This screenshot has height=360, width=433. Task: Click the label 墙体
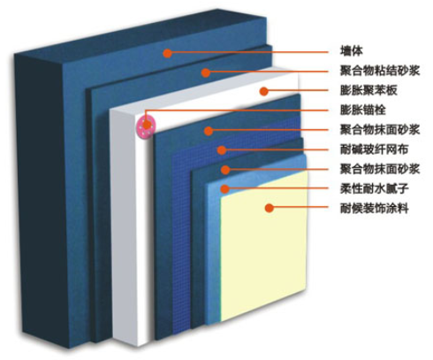click(352, 51)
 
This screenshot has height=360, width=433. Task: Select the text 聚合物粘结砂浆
click(380, 71)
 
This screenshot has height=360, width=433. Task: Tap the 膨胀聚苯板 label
click(368, 90)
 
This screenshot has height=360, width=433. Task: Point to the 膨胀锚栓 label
click(363, 110)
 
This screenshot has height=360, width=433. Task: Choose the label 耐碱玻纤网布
click(375, 149)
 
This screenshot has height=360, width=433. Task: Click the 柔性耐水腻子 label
click(375, 188)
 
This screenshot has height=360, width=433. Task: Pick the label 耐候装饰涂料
click(375, 209)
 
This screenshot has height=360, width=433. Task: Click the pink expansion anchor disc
click(147, 126)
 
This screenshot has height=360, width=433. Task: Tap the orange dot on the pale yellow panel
click(270, 208)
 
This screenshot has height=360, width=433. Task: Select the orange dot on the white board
click(264, 91)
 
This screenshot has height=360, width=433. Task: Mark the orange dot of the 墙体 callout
click(167, 53)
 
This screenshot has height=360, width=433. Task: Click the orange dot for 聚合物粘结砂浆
click(206, 73)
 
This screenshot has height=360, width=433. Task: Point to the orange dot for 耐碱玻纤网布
click(222, 150)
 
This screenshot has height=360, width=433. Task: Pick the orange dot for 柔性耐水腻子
click(224, 188)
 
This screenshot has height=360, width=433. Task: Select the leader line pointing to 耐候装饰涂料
click(299, 207)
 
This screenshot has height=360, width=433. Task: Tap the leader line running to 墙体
click(247, 52)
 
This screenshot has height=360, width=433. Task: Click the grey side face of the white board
click(125, 227)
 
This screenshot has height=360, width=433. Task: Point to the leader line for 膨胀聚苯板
click(296, 90)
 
